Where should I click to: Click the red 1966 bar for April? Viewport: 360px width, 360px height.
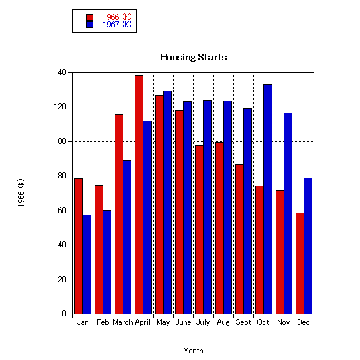tap(139, 194)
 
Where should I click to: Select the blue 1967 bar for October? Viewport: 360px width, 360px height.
tap(268, 199)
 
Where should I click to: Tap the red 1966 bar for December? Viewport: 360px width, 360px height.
tap(300, 263)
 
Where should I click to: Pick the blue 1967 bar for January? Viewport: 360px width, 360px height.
tap(86, 264)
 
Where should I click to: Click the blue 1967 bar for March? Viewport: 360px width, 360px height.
tap(127, 237)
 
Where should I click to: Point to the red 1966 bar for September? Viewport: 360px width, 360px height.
tap(239, 239)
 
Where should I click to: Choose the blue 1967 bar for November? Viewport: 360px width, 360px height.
tap(288, 213)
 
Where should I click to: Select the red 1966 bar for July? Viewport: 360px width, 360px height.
tap(199, 230)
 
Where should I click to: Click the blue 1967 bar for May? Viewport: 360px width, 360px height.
tap(167, 202)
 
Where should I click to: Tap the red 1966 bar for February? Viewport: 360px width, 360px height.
tap(99, 249)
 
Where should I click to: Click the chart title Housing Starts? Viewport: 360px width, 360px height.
tap(193, 57)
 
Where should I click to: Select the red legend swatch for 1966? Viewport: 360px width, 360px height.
tap(90, 17)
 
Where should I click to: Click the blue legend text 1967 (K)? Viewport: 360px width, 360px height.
tap(117, 25)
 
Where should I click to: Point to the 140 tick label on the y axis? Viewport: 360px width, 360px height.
tap(60, 72)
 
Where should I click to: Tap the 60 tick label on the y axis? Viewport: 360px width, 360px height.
tap(62, 211)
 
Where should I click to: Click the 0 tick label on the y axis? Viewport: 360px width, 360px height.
tap(64, 314)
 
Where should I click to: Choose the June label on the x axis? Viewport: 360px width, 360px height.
tap(183, 322)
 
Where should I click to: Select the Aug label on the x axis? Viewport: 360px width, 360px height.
tap(223, 323)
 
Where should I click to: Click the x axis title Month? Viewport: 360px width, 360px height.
tap(193, 351)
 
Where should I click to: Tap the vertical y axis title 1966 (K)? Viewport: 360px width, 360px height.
tap(21, 193)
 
